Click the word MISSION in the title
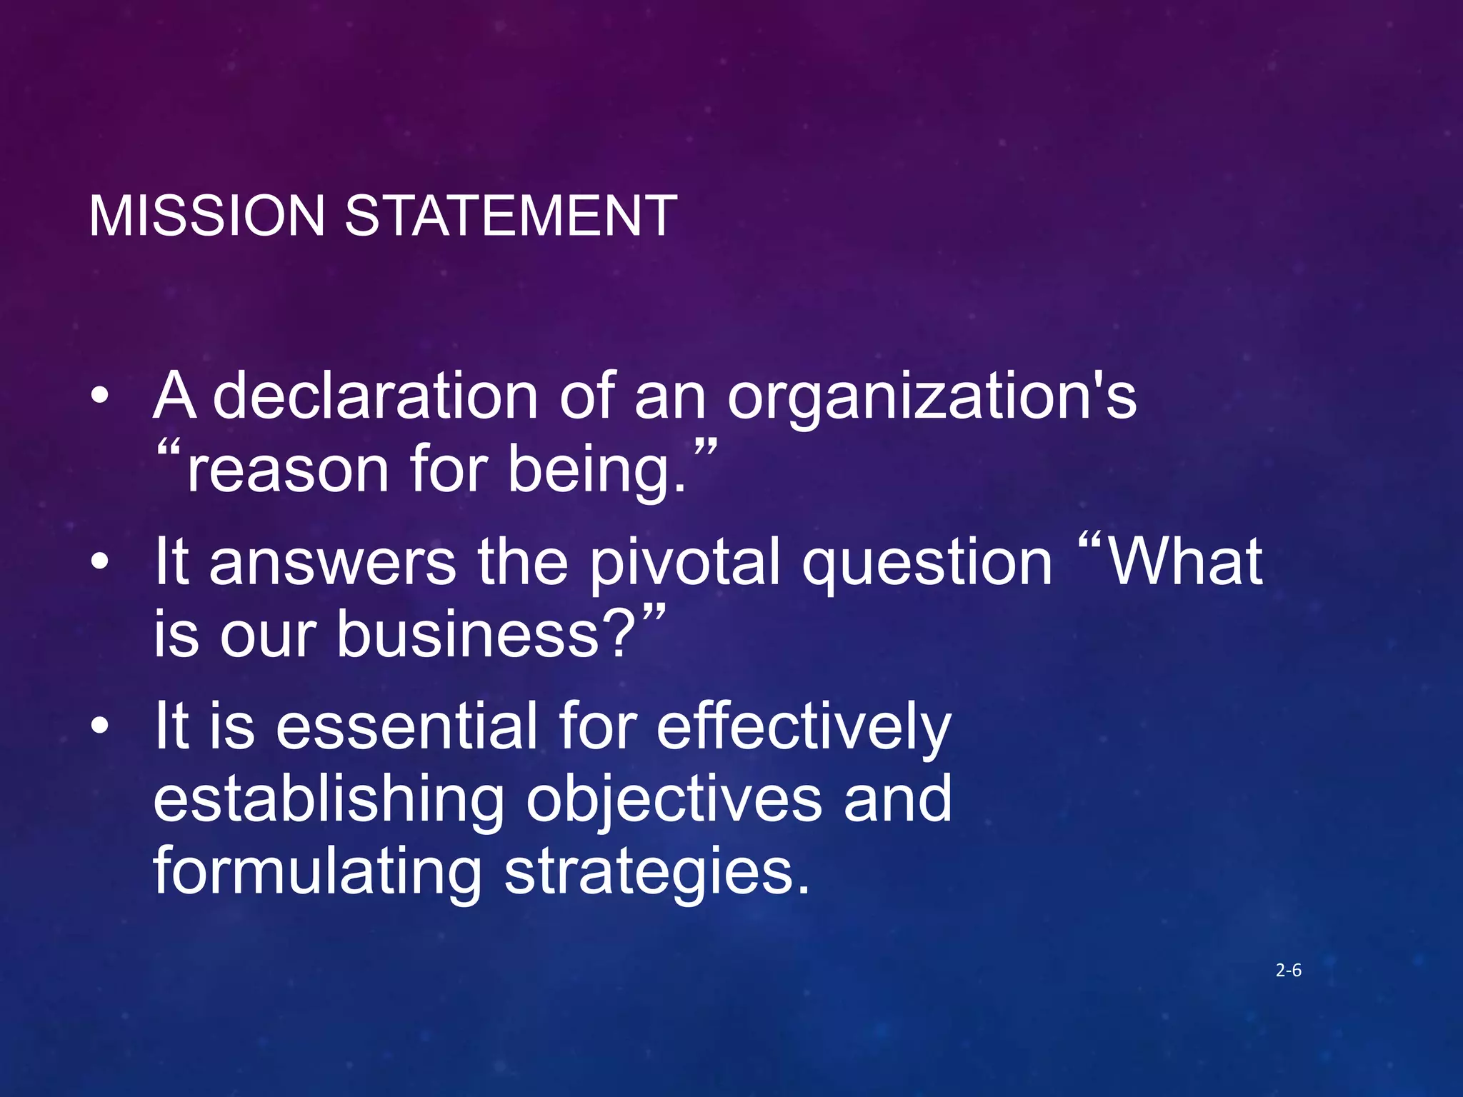click(207, 216)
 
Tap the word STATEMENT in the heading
click(511, 216)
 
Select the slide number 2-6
click(1288, 970)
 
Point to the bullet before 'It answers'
click(100, 562)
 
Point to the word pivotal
click(684, 562)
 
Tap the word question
click(927, 562)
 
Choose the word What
click(1186, 562)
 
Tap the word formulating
click(318, 871)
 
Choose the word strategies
click(657, 871)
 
